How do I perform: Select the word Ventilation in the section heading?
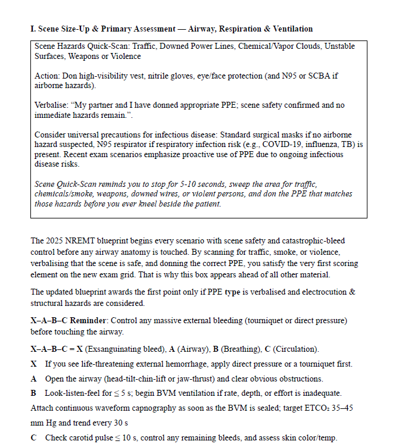pyautogui.click(x=291, y=29)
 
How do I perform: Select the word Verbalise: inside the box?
pyautogui.click(x=52, y=105)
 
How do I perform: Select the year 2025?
pyautogui.click(x=54, y=241)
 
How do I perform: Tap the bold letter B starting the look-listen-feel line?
pyautogui.click(x=33, y=393)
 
